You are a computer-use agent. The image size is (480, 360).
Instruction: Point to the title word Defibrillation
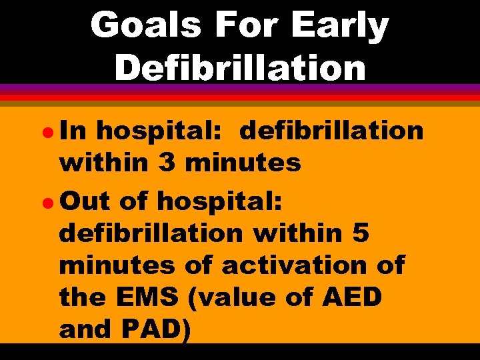(240, 67)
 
